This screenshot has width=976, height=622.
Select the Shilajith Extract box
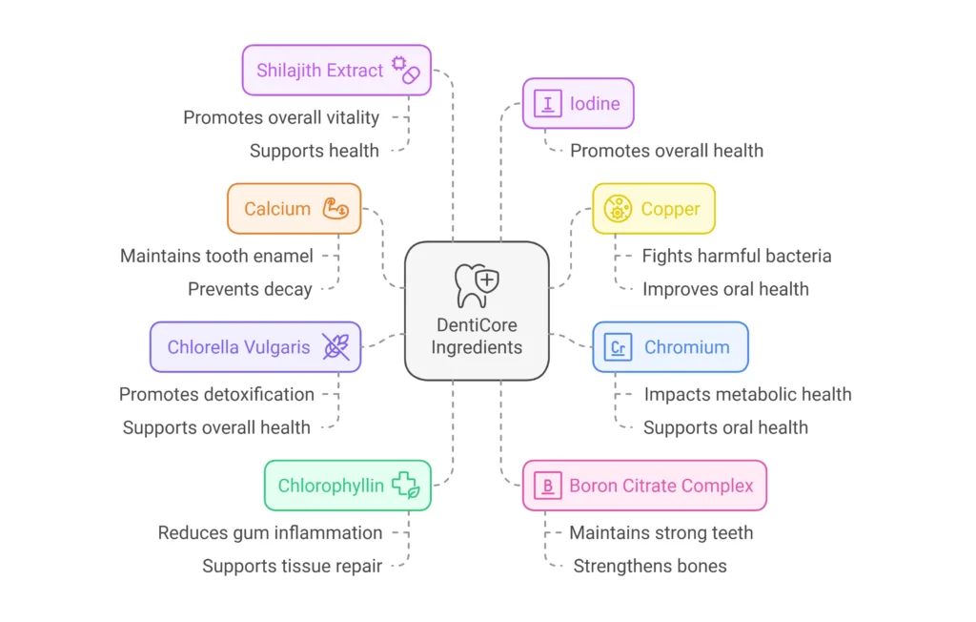335,70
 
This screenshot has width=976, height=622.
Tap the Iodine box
578,103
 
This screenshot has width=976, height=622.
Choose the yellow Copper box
653,209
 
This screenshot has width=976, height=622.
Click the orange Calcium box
294,209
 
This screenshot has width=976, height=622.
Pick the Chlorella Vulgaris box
254,347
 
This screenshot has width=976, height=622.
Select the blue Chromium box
670,347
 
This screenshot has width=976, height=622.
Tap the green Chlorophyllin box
347,486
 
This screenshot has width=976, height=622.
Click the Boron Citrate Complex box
644,486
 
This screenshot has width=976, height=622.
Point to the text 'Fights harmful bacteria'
736,256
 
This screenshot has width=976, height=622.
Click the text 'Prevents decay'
250,289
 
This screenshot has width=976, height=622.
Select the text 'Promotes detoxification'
216,394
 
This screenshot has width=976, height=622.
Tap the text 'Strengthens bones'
649,566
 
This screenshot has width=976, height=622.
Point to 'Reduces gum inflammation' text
270,532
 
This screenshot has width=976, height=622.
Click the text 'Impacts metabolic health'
747,394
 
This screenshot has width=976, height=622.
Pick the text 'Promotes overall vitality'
281,117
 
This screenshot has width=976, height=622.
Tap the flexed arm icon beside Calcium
335,209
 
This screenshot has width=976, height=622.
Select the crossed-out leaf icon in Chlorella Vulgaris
335,347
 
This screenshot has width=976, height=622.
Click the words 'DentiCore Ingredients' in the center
477,336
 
